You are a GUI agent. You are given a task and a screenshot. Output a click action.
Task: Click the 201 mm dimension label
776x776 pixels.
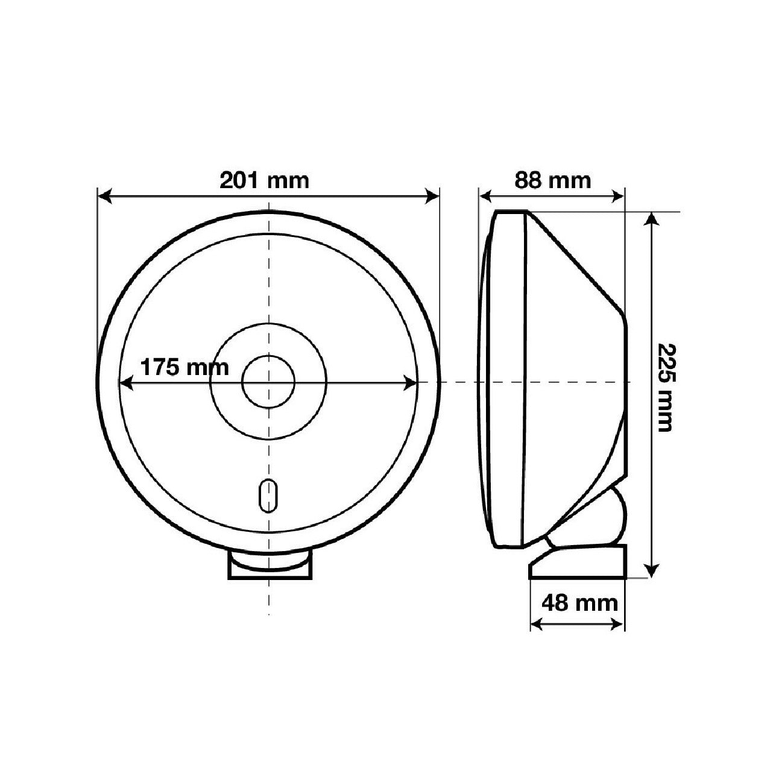click(264, 181)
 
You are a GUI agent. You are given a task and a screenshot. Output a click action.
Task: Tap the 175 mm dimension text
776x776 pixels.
click(185, 368)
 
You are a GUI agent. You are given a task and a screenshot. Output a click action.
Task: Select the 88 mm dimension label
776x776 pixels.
click(552, 181)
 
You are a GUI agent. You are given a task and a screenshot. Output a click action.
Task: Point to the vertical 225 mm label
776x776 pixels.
click(664, 387)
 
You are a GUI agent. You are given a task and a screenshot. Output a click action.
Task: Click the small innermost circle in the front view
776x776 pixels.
click(268, 382)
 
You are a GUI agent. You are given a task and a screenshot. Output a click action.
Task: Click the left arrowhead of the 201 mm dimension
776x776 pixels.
click(104, 197)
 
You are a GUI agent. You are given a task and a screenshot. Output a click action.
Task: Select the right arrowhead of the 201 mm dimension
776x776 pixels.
click(432, 197)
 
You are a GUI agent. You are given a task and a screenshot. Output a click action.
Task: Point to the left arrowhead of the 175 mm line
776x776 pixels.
click(127, 383)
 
